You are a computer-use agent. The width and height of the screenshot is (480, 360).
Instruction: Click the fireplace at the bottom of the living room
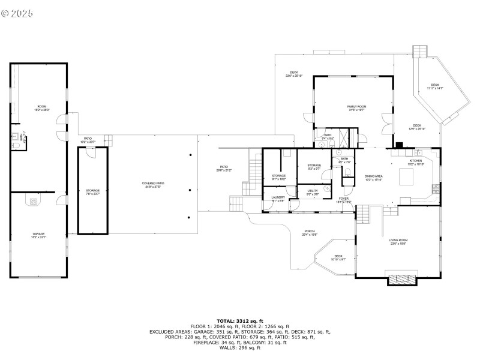click(x=401, y=279)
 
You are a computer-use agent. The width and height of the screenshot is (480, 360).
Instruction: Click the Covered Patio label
click(x=153, y=185)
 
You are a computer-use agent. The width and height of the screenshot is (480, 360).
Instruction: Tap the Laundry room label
click(x=278, y=199)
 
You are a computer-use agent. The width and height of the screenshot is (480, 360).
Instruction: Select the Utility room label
click(x=313, y=191)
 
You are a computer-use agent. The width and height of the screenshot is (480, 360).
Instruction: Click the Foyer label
click(x=343, y=199)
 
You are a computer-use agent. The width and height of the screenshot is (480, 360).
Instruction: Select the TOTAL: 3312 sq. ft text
click(x=240, y=321)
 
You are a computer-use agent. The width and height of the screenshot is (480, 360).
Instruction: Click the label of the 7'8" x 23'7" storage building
click(x=92, y=192)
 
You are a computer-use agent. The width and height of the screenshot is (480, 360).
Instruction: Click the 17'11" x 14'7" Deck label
click(x=435, y=87)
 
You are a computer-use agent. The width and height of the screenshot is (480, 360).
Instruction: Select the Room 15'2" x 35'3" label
click(x=41, y=109)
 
